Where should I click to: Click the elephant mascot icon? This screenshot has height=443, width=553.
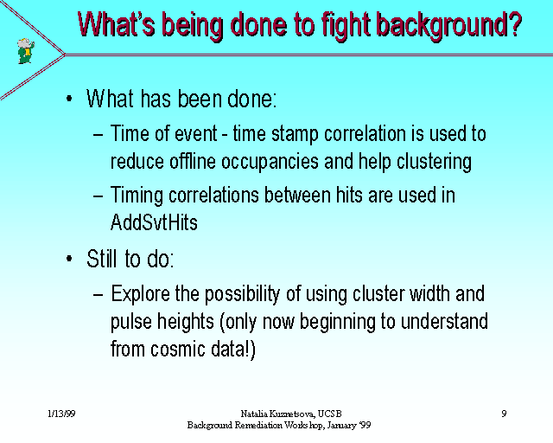(x=26, y=51)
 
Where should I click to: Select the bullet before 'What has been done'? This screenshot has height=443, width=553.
(x=69, y=99)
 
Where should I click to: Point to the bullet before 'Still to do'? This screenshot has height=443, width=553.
(x=69, y=259)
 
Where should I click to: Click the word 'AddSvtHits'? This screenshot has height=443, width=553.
(x=154, y=222)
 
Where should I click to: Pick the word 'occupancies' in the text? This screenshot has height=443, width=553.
(x=270, y=163)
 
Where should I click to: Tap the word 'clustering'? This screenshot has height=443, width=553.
(x=434, y=163)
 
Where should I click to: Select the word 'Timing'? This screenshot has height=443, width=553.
(x=137, y=196)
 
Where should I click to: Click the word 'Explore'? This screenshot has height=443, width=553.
(x=140, y=295)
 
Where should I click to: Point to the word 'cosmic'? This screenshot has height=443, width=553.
(x=178, y=349)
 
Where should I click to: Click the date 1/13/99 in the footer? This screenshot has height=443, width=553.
(x=61, y=414)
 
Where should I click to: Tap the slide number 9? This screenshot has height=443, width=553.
(x=504, y=414)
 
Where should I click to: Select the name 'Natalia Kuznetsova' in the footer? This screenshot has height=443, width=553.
(x=277, y=414)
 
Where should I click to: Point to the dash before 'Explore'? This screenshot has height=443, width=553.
(x=99, y=295)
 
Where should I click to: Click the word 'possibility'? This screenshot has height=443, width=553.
(x=242, y=295)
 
